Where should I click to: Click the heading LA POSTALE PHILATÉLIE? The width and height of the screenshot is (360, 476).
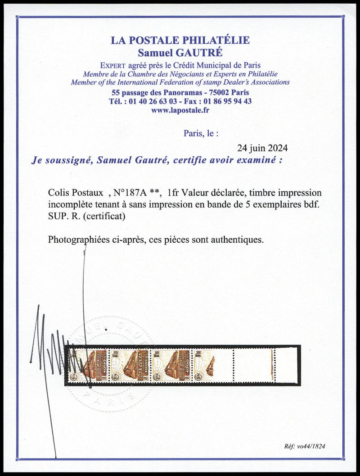pos(180,41)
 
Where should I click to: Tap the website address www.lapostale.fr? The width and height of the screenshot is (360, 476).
pos(180,110)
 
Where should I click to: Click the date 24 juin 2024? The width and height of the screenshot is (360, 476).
pos(262,148)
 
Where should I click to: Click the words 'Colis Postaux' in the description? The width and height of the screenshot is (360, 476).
pos(72,193)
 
